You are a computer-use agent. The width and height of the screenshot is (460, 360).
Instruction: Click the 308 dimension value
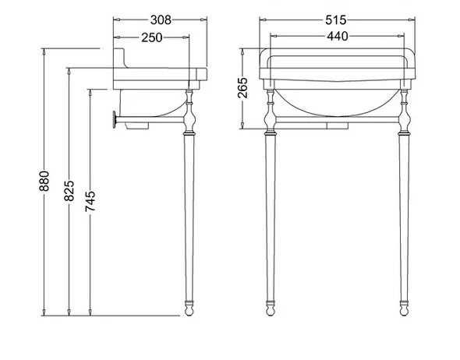161,20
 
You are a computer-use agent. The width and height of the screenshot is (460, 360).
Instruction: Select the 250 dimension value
151,37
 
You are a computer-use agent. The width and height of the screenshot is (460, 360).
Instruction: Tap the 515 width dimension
335,20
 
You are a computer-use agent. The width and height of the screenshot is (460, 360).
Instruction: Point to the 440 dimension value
338,36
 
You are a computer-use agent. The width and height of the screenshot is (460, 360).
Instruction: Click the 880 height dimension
44,181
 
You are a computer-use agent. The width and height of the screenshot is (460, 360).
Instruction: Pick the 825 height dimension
69,191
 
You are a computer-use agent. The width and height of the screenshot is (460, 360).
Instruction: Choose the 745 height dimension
90,201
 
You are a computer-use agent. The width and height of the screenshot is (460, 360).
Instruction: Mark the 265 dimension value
242,87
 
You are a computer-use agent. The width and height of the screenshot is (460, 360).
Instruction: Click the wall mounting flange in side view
114,119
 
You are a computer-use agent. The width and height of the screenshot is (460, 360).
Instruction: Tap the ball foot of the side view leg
189,311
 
